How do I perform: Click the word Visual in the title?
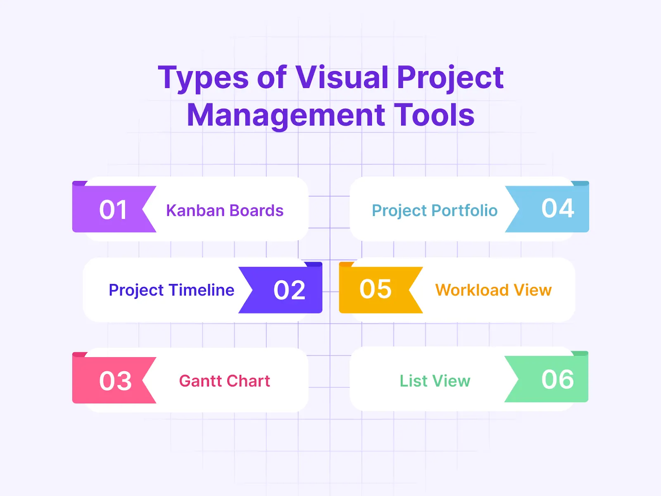[341, 77]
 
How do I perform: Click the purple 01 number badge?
[113, 210]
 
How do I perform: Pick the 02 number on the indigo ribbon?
[289, 290]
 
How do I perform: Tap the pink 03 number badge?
[115, 381]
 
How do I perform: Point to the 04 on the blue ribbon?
[557, 208]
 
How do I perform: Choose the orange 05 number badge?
[375, 289]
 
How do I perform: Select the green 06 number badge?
[557, 379]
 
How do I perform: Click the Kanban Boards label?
[225, 211]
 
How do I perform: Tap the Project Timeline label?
[171, 290]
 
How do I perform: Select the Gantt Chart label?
[224, 381]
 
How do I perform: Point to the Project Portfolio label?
[434, 211]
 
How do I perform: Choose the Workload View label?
[493, 290]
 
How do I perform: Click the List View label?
[435, 381]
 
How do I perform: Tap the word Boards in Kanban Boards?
[256, 211]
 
